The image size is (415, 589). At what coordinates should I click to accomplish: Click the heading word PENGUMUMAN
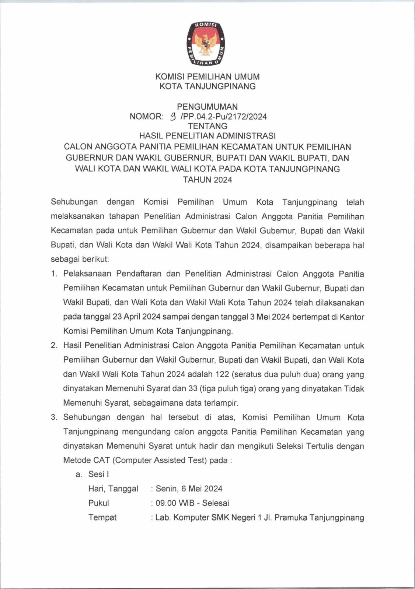click(207, 107)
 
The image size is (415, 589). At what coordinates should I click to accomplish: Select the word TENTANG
click(207, 126)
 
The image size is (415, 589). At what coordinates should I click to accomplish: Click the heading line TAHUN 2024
click(207, 180)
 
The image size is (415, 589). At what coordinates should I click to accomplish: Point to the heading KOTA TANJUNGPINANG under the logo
click(207, 87)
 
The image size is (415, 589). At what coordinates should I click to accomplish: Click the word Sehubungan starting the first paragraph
click(74, 202)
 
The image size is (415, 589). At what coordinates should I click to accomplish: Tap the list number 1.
click(54, 274)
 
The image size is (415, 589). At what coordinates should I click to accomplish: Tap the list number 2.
click(54, 346)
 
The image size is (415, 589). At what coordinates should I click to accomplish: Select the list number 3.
click(54, 417)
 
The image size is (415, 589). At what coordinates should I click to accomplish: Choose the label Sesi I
click(98, 475)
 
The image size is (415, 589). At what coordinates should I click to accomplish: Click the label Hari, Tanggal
click(113, 489)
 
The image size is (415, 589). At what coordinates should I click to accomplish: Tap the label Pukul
click(98, 503)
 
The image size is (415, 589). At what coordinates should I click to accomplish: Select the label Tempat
click(102, 518)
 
